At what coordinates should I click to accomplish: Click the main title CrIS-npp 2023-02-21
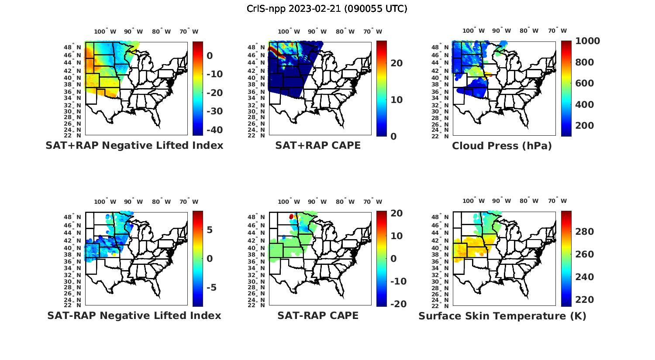tap(327, 9)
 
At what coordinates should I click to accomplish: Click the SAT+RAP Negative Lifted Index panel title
tap(134, 145)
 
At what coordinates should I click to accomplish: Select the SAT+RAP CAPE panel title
tap(318, 145)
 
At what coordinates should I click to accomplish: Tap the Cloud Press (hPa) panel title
tap(502, 146)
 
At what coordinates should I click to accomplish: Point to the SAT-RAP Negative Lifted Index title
tap(134, 315)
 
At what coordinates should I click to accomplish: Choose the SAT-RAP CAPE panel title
tap(318, 315)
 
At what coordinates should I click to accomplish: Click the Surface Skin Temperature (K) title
tap(502, 316)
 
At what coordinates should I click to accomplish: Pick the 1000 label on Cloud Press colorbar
tap(587, 41)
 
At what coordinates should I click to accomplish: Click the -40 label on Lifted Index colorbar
tap(214, 130)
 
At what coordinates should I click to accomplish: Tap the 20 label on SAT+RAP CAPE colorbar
tap(396, 63)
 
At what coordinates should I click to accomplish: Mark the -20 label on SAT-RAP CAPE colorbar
tap(398, 304)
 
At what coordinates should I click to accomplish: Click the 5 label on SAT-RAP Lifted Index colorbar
tap(210, 230)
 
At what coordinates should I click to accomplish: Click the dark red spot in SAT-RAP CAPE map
tap(291, 216)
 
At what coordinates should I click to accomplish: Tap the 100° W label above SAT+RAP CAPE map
tap(289, 31)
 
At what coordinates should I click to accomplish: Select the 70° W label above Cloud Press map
tap(558, 31)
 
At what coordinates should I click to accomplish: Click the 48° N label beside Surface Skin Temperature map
tap(445, 217)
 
